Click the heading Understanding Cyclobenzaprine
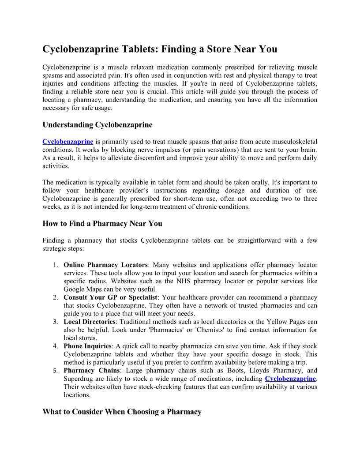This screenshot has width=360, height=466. pyautogui.click(x=97, y=125)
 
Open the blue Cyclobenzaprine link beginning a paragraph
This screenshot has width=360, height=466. pyautogui.click(x=67, y=142)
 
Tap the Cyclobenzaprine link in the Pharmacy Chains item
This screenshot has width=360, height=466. pyautogui.click(x=290, y=379)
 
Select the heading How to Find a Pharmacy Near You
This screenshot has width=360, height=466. pyautogui.click(x=102, y=224)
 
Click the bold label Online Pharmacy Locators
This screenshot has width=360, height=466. pyautogui.click(x=105, y=265)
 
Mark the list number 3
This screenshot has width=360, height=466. pyautogui.click(x=56, y=322)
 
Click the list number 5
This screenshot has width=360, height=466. pyautogui.click(x=56, y=371)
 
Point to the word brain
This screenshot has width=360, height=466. pyautogui.click(x=308, y=150)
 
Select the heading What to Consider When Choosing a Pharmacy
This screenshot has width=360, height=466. pyautogui.click(x=122, y=412)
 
